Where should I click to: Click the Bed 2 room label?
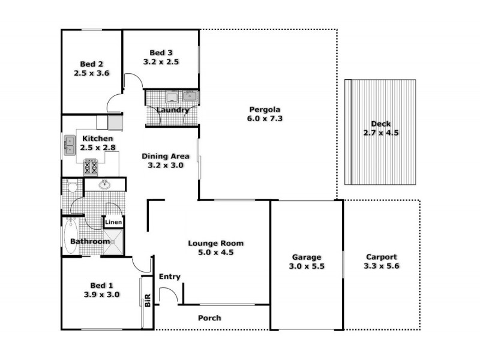click(92, 64)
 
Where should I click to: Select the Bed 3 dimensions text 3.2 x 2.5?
click(161, 62)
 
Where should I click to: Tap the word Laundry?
click(173, 110)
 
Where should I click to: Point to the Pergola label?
click(265, 109)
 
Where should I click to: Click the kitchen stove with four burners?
click(91, 166)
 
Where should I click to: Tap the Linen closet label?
click(114, 223)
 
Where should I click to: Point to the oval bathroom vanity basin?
click(105, 184)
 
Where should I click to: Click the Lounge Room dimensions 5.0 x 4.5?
click(215, 253)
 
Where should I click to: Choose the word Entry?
click(170, 277)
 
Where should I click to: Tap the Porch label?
click(209, 318)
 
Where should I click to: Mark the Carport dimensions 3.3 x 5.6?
click(382, 266)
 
